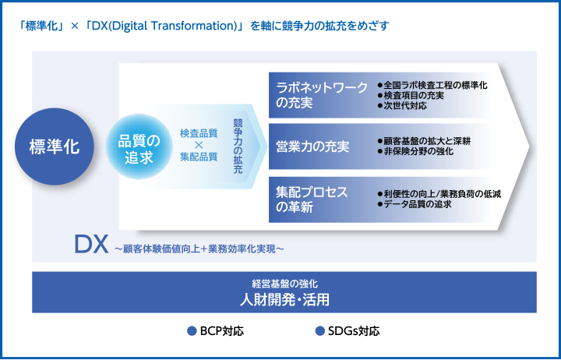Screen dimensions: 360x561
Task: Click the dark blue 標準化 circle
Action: tap(54, 146)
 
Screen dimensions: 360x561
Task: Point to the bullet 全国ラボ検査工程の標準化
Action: tap(436, 85)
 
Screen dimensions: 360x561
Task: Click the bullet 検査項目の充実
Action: tap(414, 96)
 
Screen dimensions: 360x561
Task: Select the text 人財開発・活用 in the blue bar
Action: tap(284, 299)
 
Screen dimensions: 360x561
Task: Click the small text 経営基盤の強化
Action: tap(284, 284)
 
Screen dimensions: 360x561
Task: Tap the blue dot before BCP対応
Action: tap(192, 331)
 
